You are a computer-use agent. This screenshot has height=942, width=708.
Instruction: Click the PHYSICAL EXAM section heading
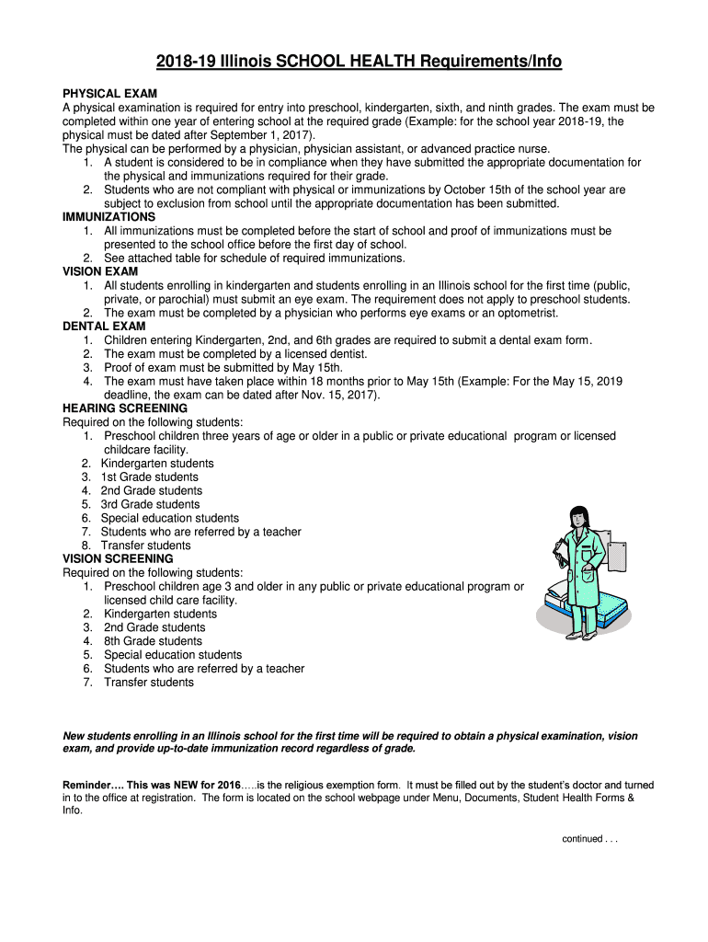pyautogui.click(x=109, y=93)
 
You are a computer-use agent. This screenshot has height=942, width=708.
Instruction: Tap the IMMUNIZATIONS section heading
pyautogui.click(x=108, y=217)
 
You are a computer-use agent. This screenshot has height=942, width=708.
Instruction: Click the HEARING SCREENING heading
pyautogui.click(x=124, y=408)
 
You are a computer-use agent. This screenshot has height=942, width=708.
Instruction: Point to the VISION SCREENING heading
pyautogui.click(x=117, y=558)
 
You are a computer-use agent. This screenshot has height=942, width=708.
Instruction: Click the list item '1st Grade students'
pyautogui.click(x=149, y=477)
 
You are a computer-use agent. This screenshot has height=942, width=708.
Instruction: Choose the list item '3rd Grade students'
pyautogui.click(x=150, y=504)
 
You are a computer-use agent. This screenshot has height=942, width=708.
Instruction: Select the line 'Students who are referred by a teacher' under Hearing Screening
pyautogui.click(x=200, y=532)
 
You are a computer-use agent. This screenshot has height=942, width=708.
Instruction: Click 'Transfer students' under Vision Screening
pyautogui.click(x=149, y=683)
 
